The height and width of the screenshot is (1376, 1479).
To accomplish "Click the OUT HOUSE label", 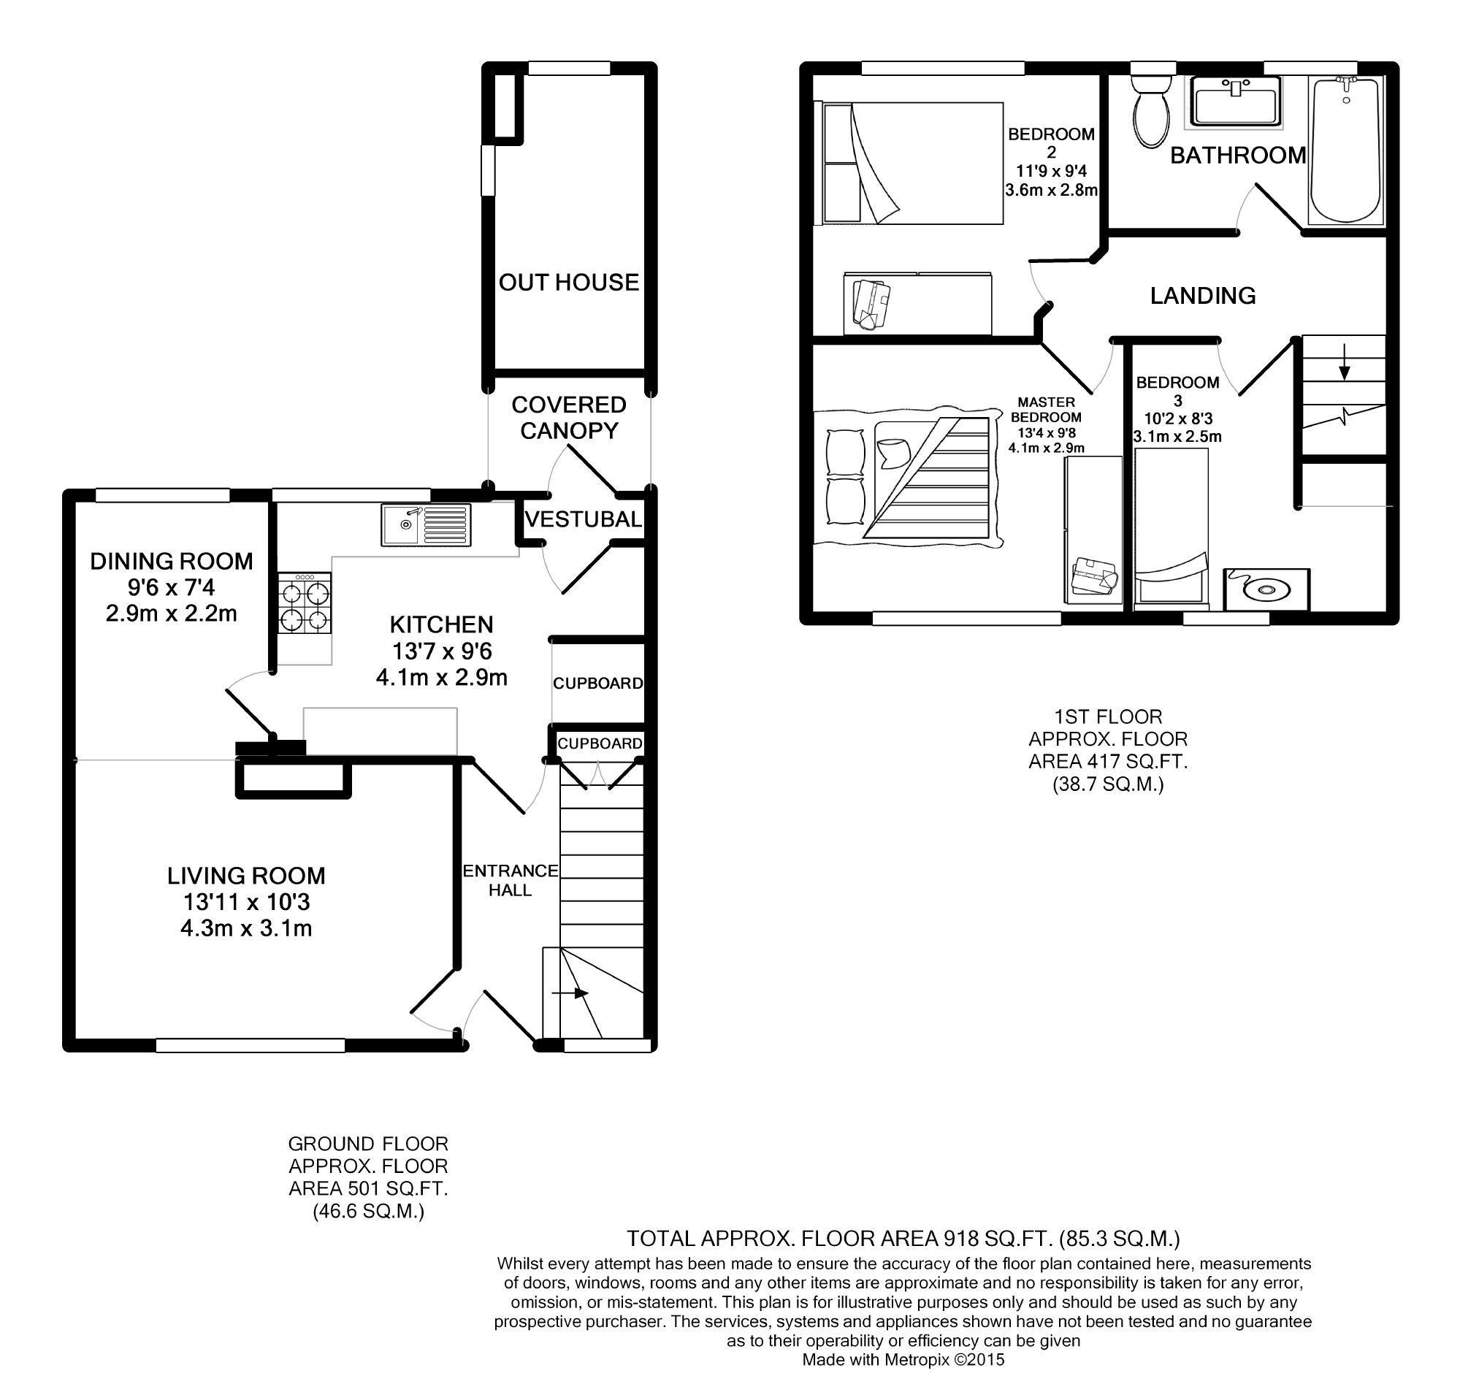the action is coord(569,283).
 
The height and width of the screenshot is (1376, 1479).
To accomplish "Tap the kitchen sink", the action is coord(427,525).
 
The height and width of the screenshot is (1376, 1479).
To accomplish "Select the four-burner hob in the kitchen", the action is coord(305,603).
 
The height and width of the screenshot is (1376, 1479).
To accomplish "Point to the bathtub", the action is coord(1346,150).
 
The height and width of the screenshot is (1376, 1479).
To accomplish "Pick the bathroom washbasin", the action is coord(1237,101).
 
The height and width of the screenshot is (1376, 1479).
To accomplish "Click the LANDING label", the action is coord(1203,296).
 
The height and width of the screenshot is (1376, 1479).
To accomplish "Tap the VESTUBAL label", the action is coord(584,519).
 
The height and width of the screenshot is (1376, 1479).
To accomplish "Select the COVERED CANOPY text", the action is coord(569,417).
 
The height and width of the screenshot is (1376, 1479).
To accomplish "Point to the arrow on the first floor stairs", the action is coord(1344,362).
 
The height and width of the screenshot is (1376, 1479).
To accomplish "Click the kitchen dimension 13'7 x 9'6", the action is coord(442,651).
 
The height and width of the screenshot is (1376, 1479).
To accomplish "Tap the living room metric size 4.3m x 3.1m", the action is coord(246,929).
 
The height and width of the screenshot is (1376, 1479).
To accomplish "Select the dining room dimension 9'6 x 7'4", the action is coord(172,588).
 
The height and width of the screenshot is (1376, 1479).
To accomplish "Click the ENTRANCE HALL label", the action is coord(511,880).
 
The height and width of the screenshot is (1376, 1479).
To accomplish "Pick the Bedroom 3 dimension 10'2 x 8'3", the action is coord(1178,418).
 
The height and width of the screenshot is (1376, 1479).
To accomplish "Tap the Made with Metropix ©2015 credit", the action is coord(903,1360).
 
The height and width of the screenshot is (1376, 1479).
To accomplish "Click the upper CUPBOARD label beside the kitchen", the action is coord(598,683).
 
